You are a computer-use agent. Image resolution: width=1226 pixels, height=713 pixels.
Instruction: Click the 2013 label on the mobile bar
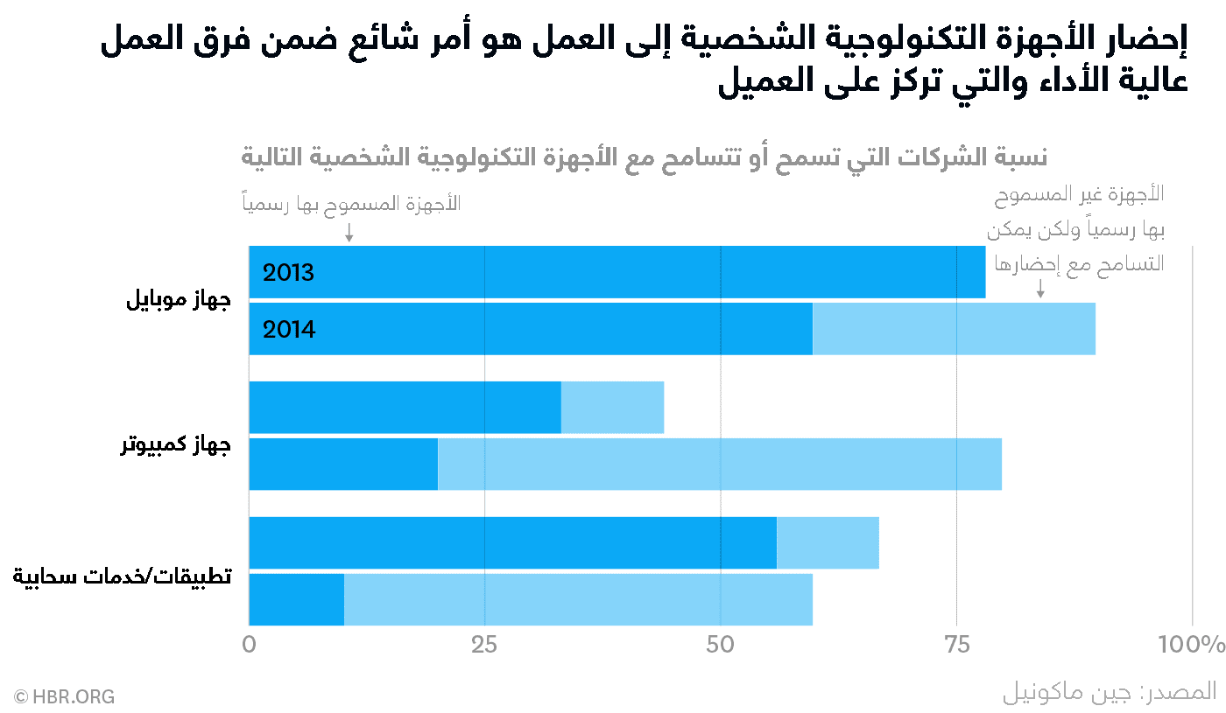(x=288, y=272)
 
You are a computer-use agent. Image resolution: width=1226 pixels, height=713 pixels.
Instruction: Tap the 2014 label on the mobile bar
(x=289, y=329)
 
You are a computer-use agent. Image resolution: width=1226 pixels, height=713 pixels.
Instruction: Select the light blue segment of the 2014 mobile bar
(x=954, y=329)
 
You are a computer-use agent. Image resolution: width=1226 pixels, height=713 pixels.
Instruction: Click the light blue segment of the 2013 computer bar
(x=612, y=408)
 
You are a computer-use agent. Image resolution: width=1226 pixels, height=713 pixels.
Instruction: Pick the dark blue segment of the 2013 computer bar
(x=405, y=408)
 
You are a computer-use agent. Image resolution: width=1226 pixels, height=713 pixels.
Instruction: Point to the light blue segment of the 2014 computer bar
(x=719, y=464)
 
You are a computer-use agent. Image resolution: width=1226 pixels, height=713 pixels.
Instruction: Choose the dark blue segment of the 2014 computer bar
(x=343, y=464)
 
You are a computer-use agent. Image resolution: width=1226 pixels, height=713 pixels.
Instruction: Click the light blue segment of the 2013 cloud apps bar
(x=828, y=542)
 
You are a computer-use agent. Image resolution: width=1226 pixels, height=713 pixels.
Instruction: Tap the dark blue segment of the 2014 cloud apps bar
(x=297, y=599)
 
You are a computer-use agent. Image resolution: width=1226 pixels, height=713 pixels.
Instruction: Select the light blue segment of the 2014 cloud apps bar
(x=578, y=599)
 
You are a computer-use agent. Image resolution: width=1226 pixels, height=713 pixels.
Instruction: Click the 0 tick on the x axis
(x=250, y=646)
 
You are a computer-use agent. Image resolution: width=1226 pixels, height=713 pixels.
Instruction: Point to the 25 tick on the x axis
(x=484, y=646)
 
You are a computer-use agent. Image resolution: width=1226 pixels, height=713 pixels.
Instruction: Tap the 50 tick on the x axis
(x=720, y=646)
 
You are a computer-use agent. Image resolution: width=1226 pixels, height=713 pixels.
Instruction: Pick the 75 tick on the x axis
(x=956, y=646)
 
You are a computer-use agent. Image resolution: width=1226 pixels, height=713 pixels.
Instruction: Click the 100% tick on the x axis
(x=1191, y=646)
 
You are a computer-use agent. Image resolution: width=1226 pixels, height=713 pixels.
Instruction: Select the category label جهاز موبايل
(x=179, y=302)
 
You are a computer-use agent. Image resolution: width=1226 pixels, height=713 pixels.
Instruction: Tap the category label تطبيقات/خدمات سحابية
(x=123, y=577)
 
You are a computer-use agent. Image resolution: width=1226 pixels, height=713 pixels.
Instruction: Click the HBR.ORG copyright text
(x=64, y=697)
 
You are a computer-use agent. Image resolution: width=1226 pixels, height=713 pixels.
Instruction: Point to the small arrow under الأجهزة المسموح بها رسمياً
(x=349, y=232)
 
